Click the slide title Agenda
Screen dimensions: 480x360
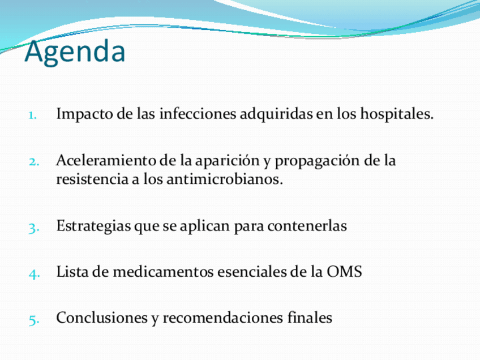click(x=75, y=52)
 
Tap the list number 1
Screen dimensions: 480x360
click(x=32, y=115)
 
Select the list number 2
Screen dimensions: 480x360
click(x=33, y=162)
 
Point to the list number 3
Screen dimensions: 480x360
click(x=33, y=228)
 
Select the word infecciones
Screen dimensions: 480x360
click(x=198, y=114)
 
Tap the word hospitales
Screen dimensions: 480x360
click(x=397, y=114)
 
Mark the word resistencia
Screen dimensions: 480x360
click(x=92, y=179)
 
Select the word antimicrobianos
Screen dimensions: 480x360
click(x=225, y=179)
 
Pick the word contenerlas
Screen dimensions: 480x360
click(x=307, y=226)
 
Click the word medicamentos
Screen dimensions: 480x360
click(x=163, y=272)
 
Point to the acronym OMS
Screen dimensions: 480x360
click(x=344, y=272)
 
